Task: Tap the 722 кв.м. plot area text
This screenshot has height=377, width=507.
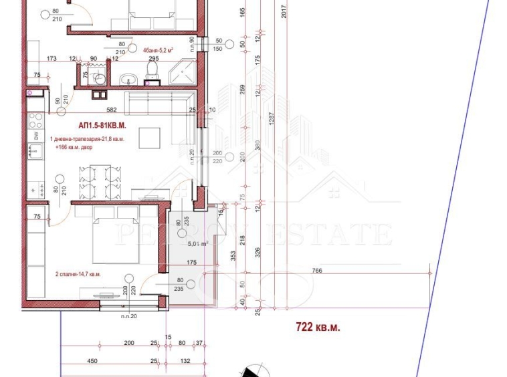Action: click(318, 327)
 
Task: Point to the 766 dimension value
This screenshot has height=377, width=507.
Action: click(317, 269)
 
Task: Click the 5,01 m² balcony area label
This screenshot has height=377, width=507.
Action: click(198, 244)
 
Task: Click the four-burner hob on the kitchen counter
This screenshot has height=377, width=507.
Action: click(35, 122)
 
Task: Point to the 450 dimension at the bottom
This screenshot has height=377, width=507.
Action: click(93, 361)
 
